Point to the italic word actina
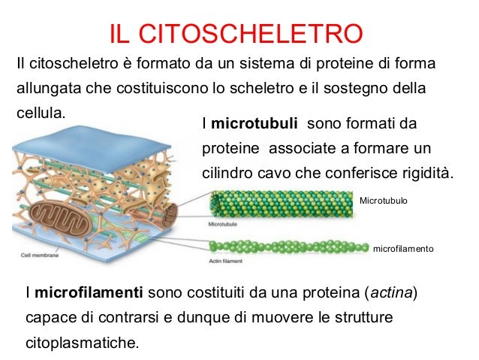(390, 292)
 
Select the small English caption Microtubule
(224, 224)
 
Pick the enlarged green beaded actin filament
(289, 247)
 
